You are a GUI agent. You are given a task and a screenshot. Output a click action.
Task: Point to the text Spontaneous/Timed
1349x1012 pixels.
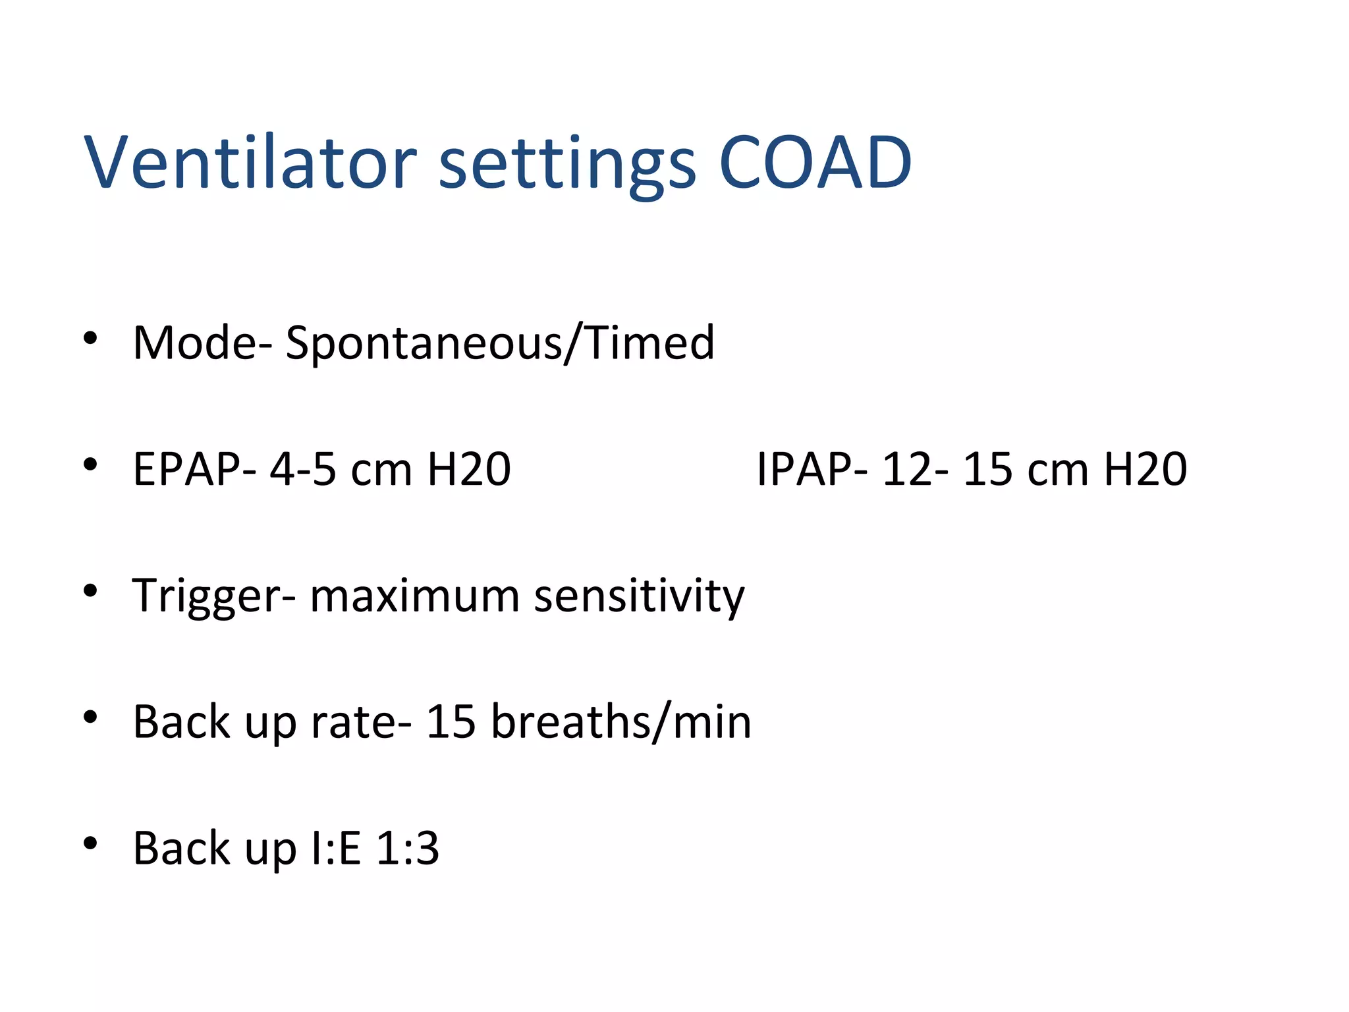pos(500,344)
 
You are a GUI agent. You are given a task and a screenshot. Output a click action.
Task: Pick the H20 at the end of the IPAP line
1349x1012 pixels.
pos(1145,469)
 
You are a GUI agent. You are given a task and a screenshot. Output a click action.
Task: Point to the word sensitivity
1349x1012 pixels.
pos(639,596)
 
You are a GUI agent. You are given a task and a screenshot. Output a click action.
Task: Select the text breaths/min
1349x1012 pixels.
pos(621,722)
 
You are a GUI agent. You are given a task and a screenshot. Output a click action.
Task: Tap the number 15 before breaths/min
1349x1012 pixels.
pos(451,722)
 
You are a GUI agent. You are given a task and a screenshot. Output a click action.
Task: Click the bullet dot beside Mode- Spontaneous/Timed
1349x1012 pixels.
pos(90,339)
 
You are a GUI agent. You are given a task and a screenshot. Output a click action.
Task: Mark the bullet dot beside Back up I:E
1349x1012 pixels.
pos(90,843)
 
